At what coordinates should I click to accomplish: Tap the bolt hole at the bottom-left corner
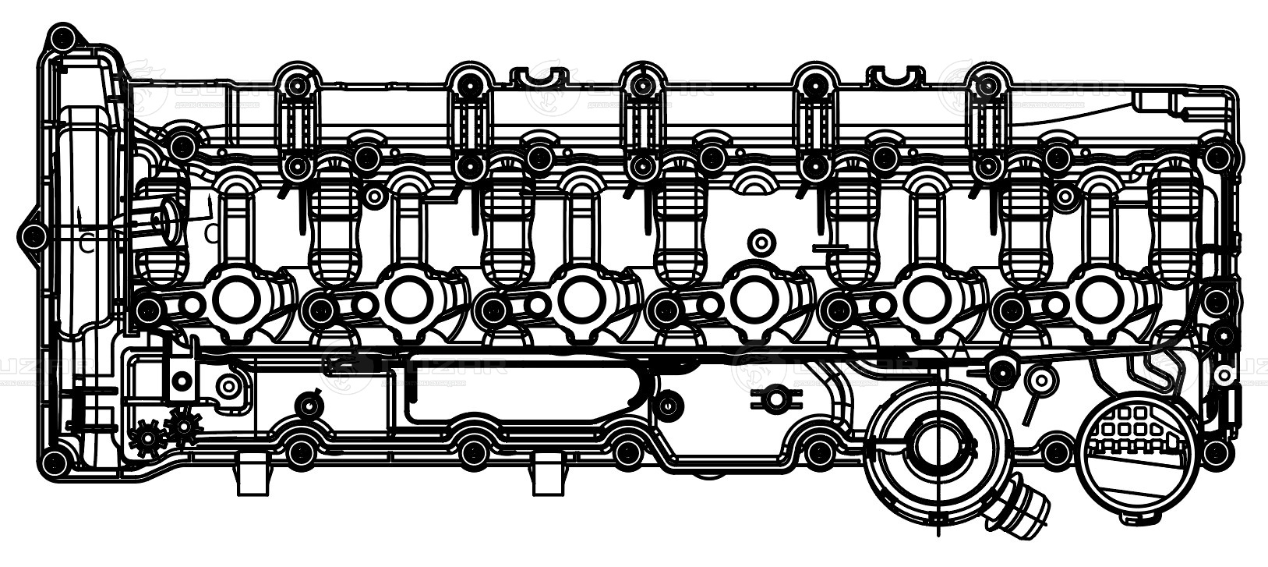[54, 462]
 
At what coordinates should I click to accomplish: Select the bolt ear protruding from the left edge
[32, 236]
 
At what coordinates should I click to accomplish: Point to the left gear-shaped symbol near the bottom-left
[147, 438]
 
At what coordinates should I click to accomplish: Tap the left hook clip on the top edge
[538, 77]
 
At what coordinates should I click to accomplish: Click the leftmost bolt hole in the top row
[296, 83]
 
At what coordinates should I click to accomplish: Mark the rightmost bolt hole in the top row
[987, 83]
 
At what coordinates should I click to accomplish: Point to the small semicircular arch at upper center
[754, 184]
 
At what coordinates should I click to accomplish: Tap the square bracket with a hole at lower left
[182, 381]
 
